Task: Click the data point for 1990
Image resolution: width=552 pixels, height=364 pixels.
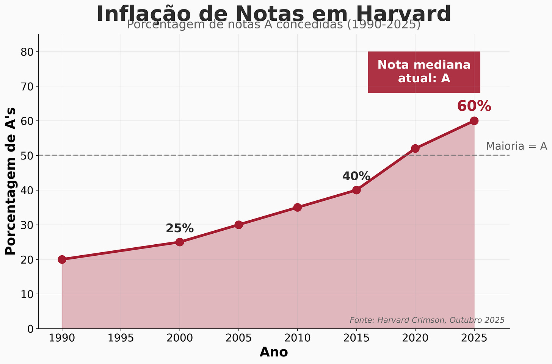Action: pyautogui.click(x=62, y=259)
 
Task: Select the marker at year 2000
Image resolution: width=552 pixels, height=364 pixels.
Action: pyautogui.click(x=180, y=242)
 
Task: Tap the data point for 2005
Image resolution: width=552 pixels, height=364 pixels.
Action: pyautogui.click(x=238, y=225)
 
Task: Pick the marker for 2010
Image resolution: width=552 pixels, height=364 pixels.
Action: pyautogui.click(x=297, y=207)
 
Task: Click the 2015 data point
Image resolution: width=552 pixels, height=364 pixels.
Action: pyautogui.click(x=356, y=190)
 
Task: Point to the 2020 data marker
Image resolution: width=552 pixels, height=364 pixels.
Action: pyautogui.click(x=415, y=148)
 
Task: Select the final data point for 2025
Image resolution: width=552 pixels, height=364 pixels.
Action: pyautogui.click(x=474, y=121)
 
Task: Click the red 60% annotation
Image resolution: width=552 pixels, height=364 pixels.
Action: pyautogui.click(x=474, y=106)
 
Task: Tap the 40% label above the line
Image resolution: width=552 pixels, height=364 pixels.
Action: pyautogui.click(x=356, y=176)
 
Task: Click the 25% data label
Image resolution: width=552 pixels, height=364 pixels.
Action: pyautogui.click(x=180, y=228)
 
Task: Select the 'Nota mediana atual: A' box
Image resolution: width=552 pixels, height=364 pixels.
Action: pyautogui.click(x=424, y=72)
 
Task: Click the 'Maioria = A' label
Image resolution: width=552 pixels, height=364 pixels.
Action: pyautogui.click(x=516, y=146)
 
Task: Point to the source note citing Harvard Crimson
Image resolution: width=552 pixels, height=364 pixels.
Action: pyautogui.click(x=427, y=320)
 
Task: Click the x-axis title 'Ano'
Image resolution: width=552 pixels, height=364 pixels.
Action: pyautogui.click(x=274, y=352)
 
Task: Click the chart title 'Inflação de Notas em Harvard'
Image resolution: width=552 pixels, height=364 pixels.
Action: pyautogui.click(x=274, y=14)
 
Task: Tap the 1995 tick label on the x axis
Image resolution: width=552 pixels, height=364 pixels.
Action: pyautogui.click(x=121, y=338)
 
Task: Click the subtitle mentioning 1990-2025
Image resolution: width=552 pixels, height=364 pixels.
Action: pyautogui.click(x=274, y=25)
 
